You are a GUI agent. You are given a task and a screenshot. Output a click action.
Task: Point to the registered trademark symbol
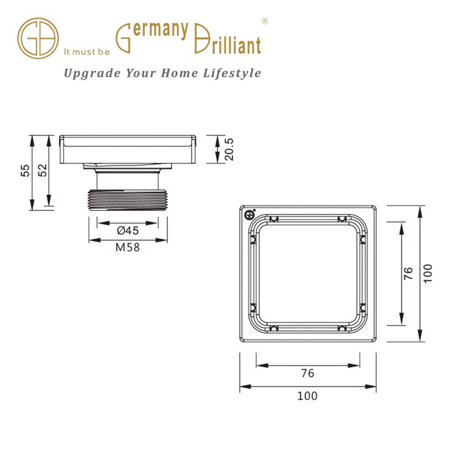tap(265, 21)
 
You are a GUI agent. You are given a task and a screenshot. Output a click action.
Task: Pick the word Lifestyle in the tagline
tap(230, 73)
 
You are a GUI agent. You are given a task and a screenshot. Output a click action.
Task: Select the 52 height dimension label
tap(42, 171)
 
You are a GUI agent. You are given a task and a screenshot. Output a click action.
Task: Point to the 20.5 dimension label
tap(228, 149)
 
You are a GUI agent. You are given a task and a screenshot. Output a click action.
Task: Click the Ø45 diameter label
tap(128, 230)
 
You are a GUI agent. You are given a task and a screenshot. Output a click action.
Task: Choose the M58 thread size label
tap(128, 246)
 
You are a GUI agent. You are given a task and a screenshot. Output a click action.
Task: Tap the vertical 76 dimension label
tap(409, 272)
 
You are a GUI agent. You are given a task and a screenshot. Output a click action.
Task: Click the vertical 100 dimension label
tap(427, 272)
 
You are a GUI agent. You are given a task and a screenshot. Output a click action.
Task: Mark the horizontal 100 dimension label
tap(307, 395)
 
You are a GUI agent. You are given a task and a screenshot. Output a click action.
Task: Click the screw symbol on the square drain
tap(250, 215)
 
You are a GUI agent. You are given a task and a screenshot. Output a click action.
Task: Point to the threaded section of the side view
tap(128, 198)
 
